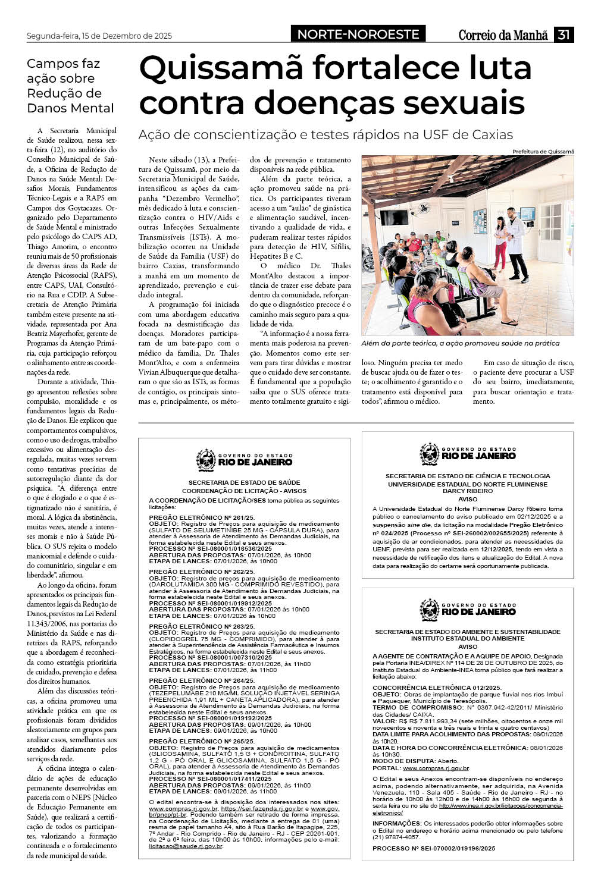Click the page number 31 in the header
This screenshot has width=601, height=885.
click(x=564, y=35)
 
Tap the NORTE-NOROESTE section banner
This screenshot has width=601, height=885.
click(x=358, y=34)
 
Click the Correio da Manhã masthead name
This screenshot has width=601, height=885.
click(x=503, y=35)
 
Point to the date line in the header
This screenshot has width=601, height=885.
click(x=99, y=36)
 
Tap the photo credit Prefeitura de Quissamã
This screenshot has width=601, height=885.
click(x=543, y=152)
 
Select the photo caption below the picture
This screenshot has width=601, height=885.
click(x=460, y=343)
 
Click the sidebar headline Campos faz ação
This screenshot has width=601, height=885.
click(x=70, y=86)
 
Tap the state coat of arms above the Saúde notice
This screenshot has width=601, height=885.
click(x=206, y=460)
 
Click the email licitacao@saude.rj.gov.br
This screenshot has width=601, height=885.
click(x=185, y=846)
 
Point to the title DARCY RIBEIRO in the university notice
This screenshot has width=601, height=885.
click(x=468, y=491)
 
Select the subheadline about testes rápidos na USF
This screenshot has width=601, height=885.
click(x=325, y=135)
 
